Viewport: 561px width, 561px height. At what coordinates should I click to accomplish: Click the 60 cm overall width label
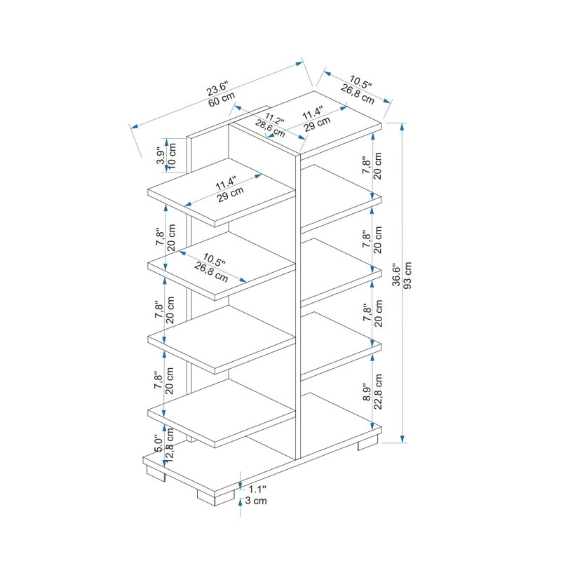(222, 99)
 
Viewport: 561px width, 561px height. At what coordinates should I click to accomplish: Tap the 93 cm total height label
(407, 276)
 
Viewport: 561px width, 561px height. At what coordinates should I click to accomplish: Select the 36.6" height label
(396, 276)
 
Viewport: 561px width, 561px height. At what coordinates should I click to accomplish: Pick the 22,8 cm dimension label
(378, 392)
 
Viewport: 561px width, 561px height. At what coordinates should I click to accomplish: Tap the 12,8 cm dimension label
(170, 445)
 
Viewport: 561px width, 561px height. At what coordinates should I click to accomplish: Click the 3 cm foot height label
(256, 501)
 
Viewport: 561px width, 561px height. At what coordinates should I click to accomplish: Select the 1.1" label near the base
(257, 489)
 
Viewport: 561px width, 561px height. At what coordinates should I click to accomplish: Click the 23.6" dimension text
(217, 88)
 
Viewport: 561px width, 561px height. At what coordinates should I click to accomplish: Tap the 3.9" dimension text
(161, 156)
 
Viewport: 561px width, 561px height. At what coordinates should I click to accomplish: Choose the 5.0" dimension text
(158, 444)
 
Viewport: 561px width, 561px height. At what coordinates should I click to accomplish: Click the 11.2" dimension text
(274, 119)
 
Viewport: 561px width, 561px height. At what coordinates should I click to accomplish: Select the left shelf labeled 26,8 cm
(222, 266)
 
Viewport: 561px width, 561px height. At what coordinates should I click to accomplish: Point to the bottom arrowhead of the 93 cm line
(403, 439)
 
